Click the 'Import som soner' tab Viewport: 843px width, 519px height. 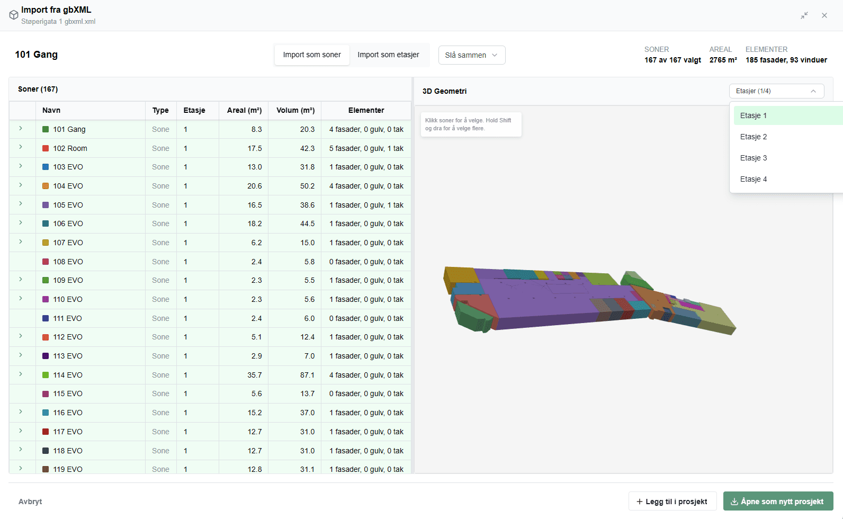[311, 55]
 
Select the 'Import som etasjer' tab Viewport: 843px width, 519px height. [388, 55]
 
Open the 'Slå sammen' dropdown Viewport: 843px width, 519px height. [472, 55]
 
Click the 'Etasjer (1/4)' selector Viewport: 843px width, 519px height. [776, 91]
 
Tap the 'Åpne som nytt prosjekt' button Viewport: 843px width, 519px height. [778, 502]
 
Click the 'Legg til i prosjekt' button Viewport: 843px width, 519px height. [672, 502]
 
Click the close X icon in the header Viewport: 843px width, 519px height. [824, 15]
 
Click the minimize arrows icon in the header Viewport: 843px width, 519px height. [804, 15]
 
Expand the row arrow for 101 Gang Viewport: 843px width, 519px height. [21, 129]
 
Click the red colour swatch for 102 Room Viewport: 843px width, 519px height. [46, 148]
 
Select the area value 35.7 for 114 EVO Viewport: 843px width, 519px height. [254, 375]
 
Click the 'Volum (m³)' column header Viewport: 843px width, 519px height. [295, 110]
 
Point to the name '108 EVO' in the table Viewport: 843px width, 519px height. [68, 262]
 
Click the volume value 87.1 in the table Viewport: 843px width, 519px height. [307, 375]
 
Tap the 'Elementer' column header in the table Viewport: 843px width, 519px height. [366, 110]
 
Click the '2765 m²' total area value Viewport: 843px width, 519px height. [723, 60]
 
